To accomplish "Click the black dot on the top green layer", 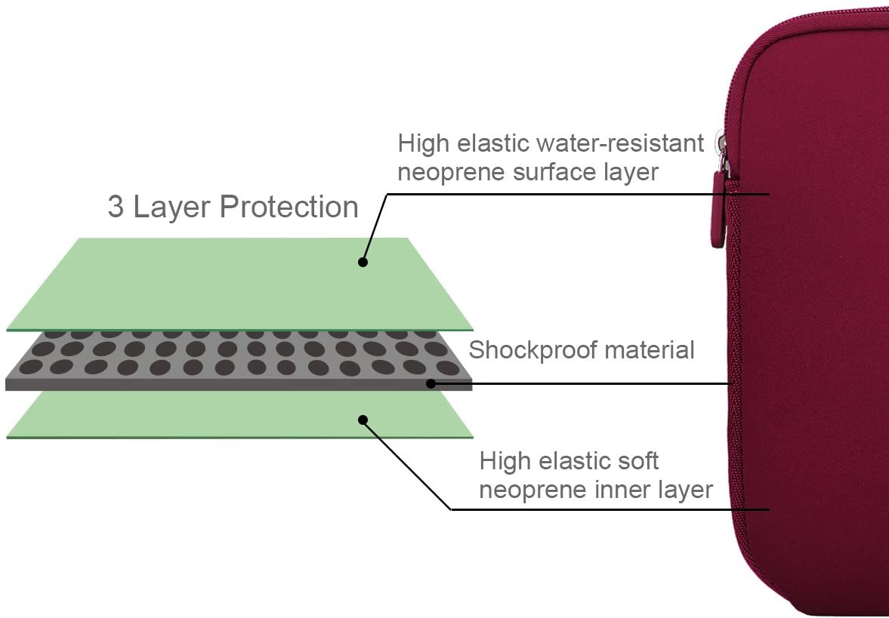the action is (x=363, y=263).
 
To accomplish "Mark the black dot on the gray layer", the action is (x=431, y=383).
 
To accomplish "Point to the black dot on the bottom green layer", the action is (x=363, y=420).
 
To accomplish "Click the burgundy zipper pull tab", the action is (x=719, y=210).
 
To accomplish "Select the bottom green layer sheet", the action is (x=240, y=415).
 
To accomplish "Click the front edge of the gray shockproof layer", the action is (x=239, y=385).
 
